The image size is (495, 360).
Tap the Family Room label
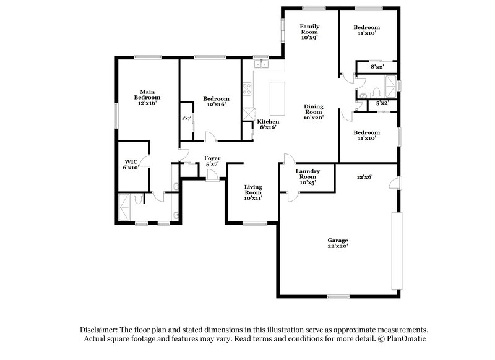309,32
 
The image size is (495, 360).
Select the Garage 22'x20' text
338,243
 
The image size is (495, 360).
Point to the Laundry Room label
308,176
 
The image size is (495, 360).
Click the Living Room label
253,192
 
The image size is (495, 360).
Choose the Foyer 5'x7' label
212,161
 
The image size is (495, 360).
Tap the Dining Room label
314,111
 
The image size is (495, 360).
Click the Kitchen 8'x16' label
269,125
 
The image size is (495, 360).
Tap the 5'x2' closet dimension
382,103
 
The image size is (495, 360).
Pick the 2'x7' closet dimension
186,118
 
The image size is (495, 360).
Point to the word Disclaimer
101,330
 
